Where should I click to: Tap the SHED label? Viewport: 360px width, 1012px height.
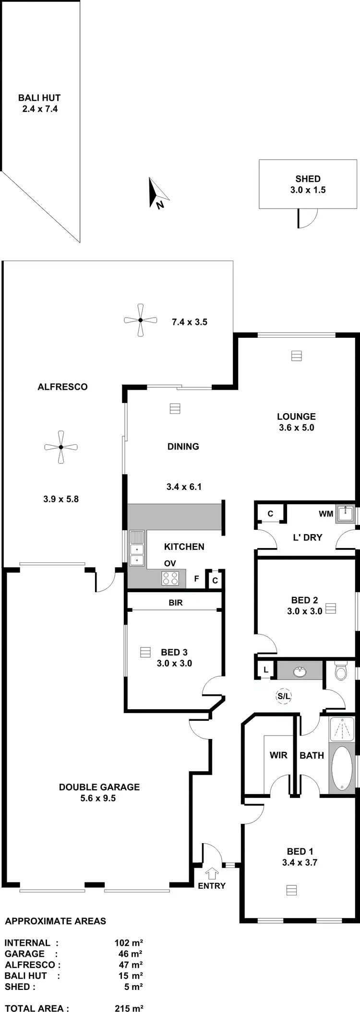(308, 179)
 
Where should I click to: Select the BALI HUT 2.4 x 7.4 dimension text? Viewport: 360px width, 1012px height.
(40, 109)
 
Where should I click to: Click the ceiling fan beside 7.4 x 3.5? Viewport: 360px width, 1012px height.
(141, 320)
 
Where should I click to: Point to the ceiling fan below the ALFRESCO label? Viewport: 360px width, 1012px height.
(61, 447)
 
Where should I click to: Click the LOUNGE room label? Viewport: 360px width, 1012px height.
(296, 417)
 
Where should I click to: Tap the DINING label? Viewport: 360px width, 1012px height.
(183, 446)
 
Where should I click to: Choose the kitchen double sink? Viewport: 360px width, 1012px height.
(137, 555)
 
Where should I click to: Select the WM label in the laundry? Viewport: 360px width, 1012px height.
(326, 514)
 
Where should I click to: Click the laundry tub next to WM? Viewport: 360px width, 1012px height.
(345, 514)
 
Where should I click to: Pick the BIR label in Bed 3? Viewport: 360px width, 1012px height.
(176, 603)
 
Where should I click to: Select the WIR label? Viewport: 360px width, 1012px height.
(278, 755)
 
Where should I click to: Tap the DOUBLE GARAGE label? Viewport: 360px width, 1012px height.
(99, 787)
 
